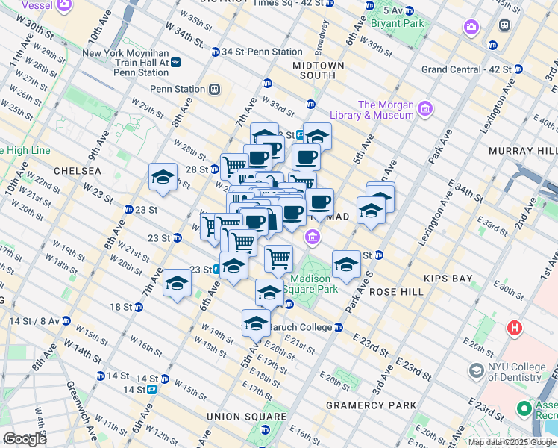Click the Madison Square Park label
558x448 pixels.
click(314, 284)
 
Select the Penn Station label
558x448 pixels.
click(178, 89)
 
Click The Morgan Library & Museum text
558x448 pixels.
click(386, 110)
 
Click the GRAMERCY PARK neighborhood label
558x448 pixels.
click(371, 405)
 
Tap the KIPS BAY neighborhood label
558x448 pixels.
click(448, 279)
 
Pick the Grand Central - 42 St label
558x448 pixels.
click(466, 69)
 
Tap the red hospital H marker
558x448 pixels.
click(514, 327)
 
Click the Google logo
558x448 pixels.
click(25, 439)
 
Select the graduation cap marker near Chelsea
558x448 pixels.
click(163, 177)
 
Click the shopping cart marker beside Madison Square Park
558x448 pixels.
click(278, 258)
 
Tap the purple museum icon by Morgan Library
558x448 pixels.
click(425, 110)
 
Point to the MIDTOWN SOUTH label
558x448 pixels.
click(319, 71)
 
